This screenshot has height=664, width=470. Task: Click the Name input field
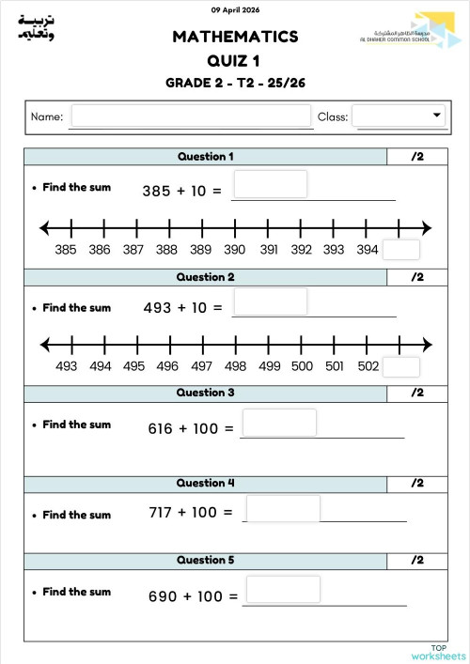191,116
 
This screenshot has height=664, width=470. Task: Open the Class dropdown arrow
437,115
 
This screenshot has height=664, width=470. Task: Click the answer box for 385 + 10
270,184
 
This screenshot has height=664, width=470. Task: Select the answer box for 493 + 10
270,301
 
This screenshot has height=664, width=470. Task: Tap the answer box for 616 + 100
278,423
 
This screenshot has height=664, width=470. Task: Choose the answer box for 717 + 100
283,509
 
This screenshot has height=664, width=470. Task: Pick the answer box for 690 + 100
283,590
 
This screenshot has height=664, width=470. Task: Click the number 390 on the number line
235,250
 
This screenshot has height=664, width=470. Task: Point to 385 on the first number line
66,250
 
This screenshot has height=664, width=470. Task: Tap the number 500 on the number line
302,366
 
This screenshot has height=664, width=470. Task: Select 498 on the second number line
235,366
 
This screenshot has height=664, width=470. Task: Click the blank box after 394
401,250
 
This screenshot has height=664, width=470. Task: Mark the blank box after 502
401,366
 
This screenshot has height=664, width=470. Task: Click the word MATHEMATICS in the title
235,37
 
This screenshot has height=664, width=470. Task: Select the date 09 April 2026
235,10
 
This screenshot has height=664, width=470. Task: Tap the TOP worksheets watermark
437,652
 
